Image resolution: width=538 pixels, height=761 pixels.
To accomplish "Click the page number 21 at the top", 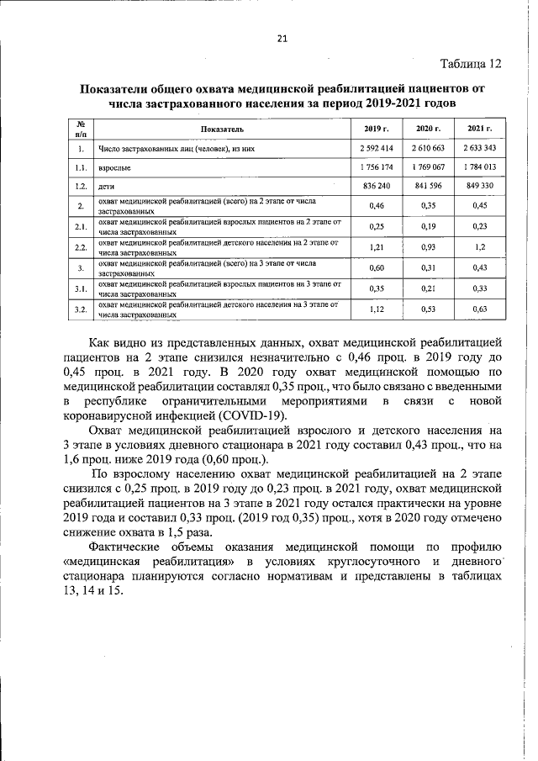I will (282, 38).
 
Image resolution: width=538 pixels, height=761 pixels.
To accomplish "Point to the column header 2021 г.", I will (479, 129).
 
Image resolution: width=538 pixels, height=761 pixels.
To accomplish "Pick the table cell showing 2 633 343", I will (479, 148).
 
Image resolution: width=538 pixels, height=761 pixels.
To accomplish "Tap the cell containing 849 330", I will (479, 186).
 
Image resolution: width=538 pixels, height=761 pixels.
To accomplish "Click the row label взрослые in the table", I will (114, 167).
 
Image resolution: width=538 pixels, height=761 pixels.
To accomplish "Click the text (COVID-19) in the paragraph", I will (251, 416).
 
